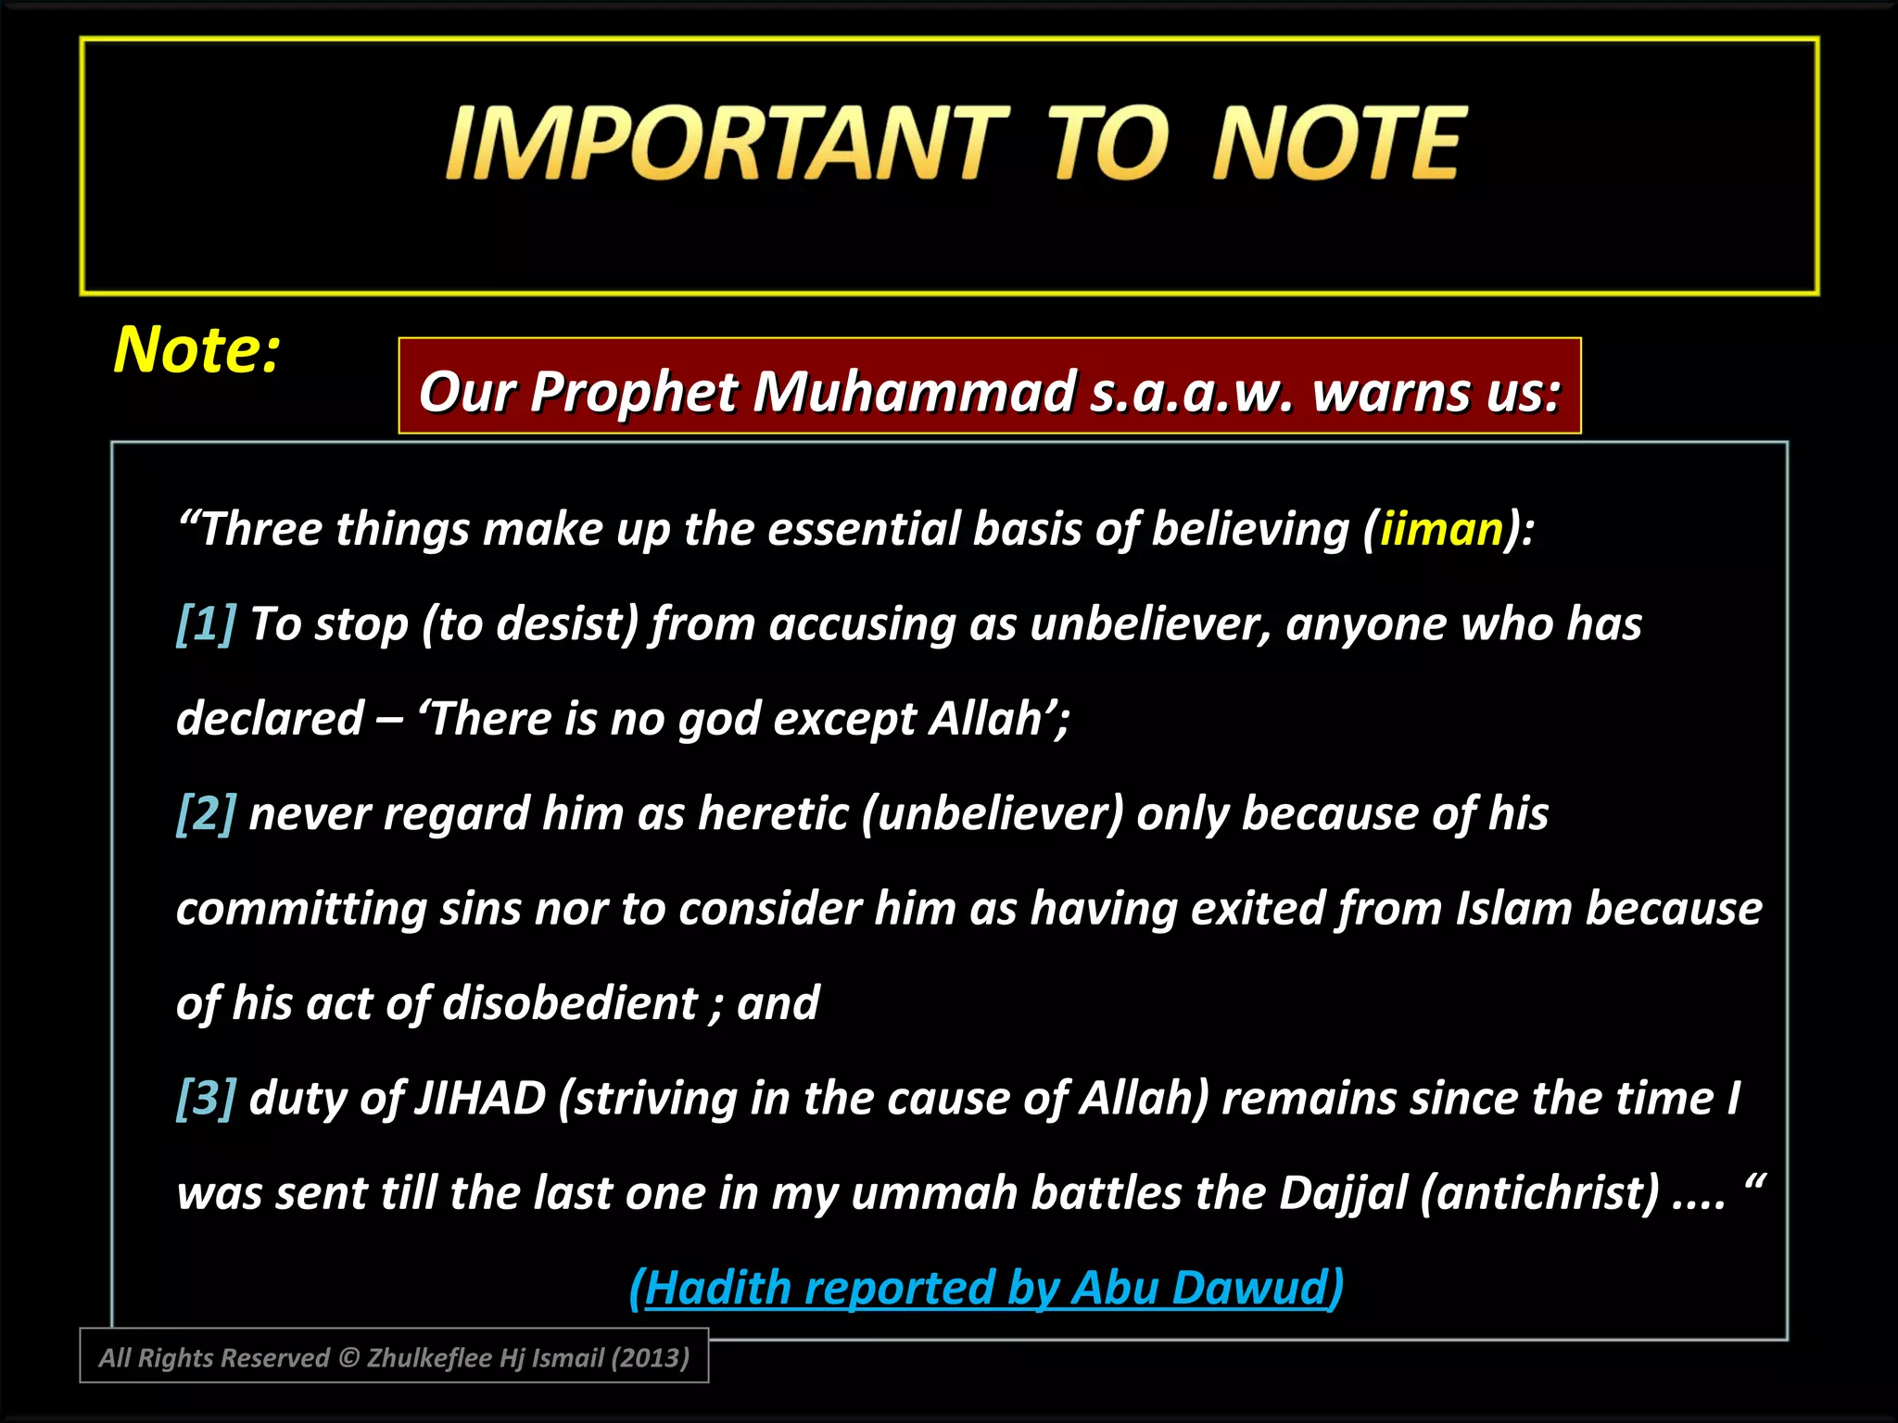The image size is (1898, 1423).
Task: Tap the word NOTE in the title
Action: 1338,144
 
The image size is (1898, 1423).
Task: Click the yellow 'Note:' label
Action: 196,350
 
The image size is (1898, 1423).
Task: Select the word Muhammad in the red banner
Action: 914,392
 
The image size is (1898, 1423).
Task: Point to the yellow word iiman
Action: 1440,530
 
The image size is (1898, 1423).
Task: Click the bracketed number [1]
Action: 207,623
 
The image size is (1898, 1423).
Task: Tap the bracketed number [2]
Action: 207,813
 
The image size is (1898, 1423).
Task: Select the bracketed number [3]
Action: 207,1098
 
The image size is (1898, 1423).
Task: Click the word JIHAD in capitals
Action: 480,1099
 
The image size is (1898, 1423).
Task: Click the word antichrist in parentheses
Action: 1539,1193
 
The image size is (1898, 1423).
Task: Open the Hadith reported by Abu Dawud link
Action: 986,1288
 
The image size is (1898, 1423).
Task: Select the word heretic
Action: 773,814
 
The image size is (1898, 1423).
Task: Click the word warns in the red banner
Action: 1391,392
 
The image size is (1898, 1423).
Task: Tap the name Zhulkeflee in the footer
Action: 429,1358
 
